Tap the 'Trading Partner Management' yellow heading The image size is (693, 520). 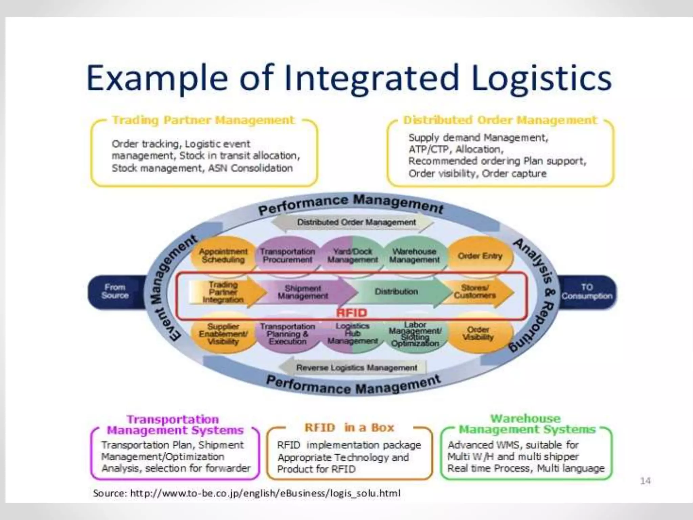click(x=203, y=120)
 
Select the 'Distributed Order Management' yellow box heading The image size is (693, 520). click(x=500, y=120)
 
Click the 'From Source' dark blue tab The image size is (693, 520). click(x=115, y=291)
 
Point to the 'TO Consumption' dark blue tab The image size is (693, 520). click(x=587, y=292)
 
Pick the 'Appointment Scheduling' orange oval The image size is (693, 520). click(x=223, y=256)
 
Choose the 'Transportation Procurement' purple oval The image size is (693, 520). click(x=288, y=256)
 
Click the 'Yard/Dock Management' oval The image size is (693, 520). click(x=353, y=256)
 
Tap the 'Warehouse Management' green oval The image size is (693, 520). click(x=415, y=256)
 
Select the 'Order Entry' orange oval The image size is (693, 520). click(x=480, y=256)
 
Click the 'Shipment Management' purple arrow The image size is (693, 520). click(x=303, y=292)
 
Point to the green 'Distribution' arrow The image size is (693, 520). click(x=396, y=292)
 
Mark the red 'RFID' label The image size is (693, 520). click(x=352, y=313)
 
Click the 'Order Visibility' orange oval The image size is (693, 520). click(x=478, y=334)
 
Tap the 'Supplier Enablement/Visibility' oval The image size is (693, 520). click(x=223, y=334)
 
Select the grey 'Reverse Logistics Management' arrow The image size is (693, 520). click(x=356, y=368)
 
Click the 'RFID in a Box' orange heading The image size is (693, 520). click(x=349, y=428)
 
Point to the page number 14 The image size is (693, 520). click(x=645, y=481)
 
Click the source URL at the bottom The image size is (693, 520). click(x=247, y=493)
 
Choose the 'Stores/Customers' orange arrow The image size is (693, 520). click(x=475, y=292)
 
